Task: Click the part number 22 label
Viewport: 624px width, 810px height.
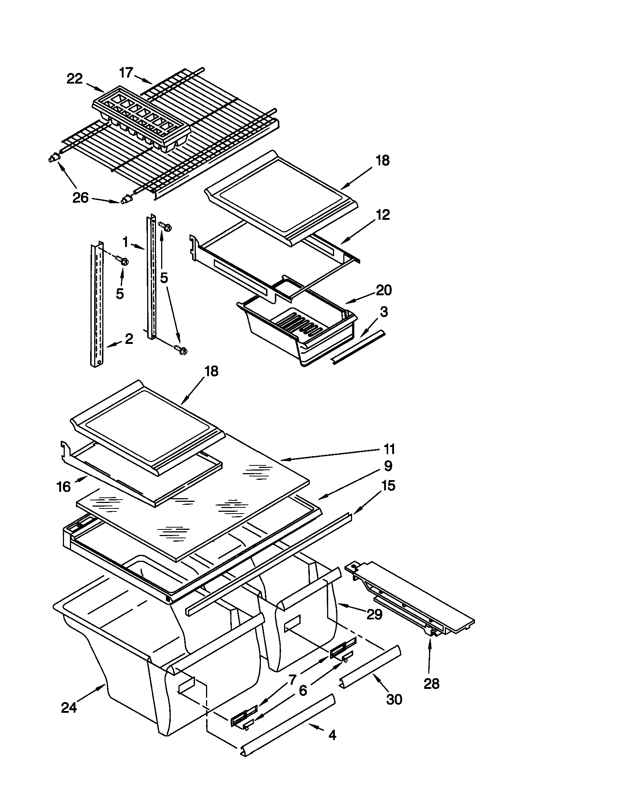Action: pyautogui.click(x=74, y=79)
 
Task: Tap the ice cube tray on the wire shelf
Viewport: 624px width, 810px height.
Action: pyautogui.click(x=141, y=118)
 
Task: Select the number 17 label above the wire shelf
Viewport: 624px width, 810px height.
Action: pyautogui.click(x=126, y=73)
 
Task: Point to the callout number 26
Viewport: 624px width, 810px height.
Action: pyautogui.click(x=81, y=198)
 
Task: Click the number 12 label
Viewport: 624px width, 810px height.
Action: pyautogui.click(x=383, y=215)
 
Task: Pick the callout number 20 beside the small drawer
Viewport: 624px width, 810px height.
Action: pyautogui.click(x=383, y=290)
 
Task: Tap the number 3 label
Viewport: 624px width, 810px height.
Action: pyautogui.click(x=384, y=312)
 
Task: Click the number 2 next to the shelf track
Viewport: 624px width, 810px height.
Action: pyautogui.click(x=128, y=339)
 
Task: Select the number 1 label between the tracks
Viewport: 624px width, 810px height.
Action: pyautogui.click(x=125, y=243)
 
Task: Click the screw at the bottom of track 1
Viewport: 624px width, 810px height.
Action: pyautogui.click(x=180, y=349)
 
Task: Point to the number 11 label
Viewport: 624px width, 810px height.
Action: pyautogui.click(x=389, y=449)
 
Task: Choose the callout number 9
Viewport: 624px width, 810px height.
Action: pyautogui.click(x=388, y=466)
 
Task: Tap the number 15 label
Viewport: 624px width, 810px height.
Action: pyautogui.click(x=388, y=486)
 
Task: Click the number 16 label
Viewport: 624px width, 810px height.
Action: pyautogui.click(x=64, y=487)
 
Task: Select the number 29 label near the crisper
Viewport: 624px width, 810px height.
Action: pyautogui.click(x=374, y=614)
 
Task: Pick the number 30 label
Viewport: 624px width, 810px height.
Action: pyautogui.click(x=394, y=700)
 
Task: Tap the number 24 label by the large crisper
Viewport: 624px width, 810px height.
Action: pyautogui.click(x=69, y=708)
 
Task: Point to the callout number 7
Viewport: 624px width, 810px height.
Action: pyautogui.click(x=292, y=680)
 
